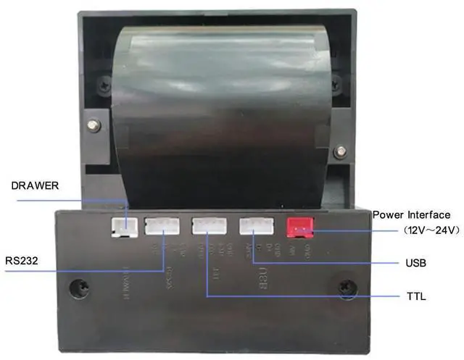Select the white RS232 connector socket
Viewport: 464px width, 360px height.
coord(162,226)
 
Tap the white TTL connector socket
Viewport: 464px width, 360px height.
coord(208,226)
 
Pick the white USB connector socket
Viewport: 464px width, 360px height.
coord(255,226)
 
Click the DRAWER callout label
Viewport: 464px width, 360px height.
coord(33,186)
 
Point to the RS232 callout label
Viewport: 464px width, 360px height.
coord(22,258)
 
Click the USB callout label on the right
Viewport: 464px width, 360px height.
coord(416,263)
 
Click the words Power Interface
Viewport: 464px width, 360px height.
coord(411,215)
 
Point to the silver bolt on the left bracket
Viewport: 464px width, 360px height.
coord(93,125)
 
